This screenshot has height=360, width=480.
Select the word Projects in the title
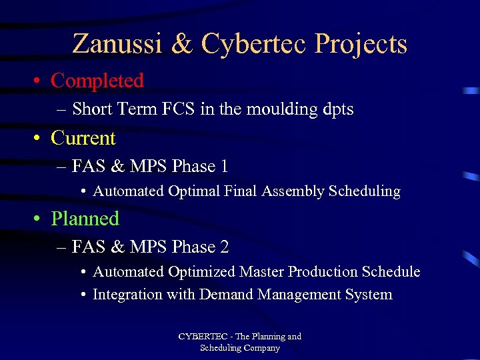click(361, 45)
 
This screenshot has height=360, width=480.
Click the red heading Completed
click(97, 81)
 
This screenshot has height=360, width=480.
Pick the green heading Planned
click(85, 219)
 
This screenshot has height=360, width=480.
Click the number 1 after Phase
click(224, 167)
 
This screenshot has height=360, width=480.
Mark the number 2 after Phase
click(224, 247)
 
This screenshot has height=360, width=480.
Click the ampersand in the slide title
click(181, 45)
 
